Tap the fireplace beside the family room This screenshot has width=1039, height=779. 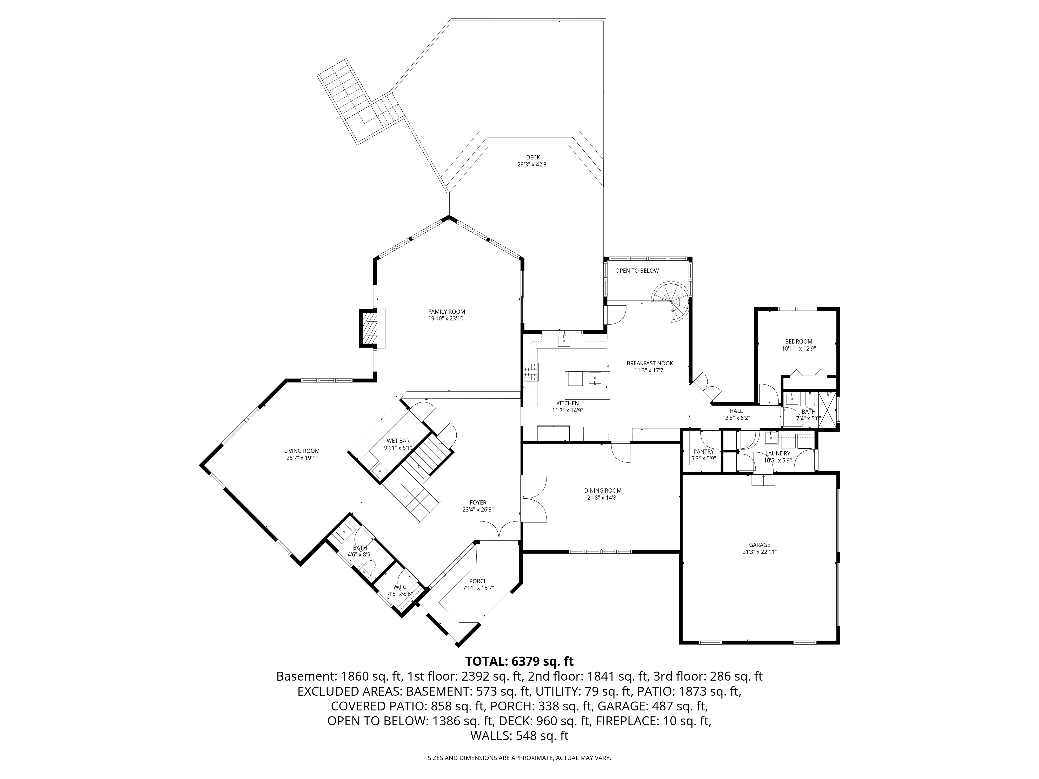[369, 328]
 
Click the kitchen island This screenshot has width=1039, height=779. [587, 385]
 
